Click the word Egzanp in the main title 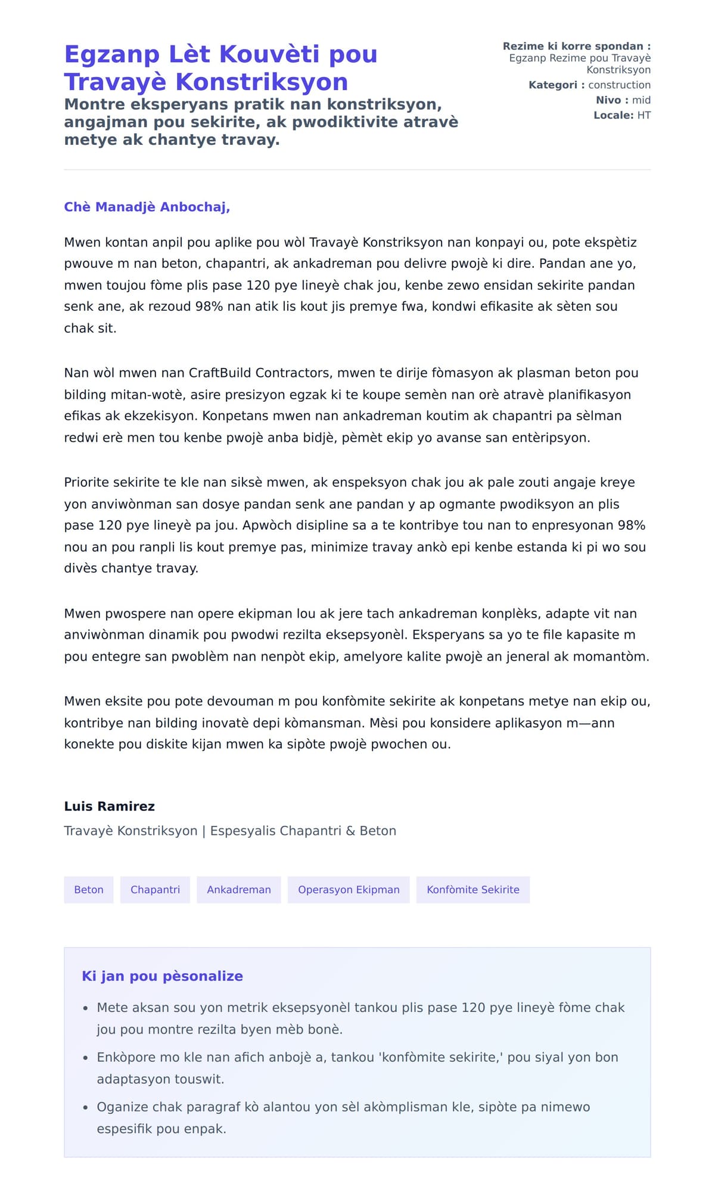[111, 54]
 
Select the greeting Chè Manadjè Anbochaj [147, 207]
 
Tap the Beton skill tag [89, 890]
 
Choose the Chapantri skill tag [155, 890]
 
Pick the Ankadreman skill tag [238, 890]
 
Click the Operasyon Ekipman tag [349, 890]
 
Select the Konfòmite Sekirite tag [472, 890]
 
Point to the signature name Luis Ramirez [110, 806]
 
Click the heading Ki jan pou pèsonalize [162, 976]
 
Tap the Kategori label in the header [552, 85]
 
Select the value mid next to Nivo [641, 100]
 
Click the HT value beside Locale [643, 115]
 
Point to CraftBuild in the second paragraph [220, 373]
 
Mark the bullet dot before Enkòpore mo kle [85, 1058]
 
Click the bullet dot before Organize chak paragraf [85, 1107]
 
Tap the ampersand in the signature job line [350, 831]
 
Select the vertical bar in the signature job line [204, 831]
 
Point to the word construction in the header [619, 85]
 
